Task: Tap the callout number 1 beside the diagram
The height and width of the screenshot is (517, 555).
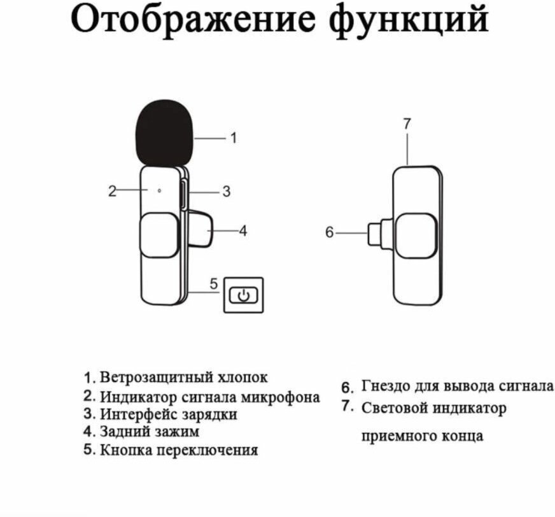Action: pos(233,137)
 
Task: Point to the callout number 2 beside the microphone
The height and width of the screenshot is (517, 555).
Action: pos(112,191)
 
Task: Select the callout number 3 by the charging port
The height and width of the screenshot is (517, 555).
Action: pos(226,192)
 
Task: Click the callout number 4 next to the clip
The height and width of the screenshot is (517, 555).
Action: pos(242,232)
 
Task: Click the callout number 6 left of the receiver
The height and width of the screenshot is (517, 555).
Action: pos(329,233)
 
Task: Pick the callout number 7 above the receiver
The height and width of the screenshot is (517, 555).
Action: pos(407,125)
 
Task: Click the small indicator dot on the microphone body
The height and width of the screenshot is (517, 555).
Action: pos(159,190)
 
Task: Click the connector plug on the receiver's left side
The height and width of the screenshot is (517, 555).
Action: pos(379,233)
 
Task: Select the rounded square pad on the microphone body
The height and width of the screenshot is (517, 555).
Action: pos(158,235)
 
